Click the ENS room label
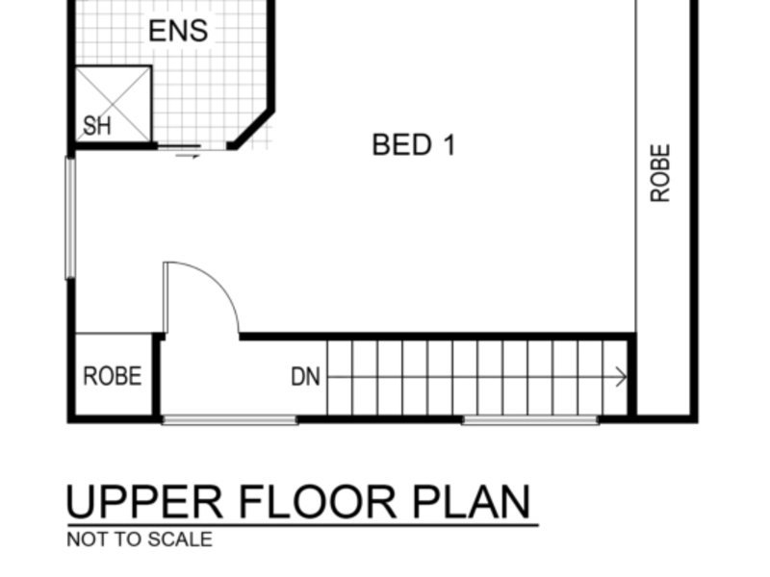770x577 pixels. (x=178, y=31)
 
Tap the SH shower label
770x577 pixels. (x=97, y=126)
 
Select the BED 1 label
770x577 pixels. (x=414, y=145)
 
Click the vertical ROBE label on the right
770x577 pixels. (x=660, y=173)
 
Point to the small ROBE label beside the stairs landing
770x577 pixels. (x=113, y=376)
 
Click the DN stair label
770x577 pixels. (x=305, y=377)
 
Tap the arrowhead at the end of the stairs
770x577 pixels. (x=622, y=377)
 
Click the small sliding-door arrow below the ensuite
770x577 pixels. (x=188, y=156)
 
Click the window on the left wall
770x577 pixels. (x=70, y=218)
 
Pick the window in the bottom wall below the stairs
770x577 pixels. (x=530, y=419)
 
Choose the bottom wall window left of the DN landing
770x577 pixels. (x=229, y=419)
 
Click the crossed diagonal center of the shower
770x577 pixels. (x=113, y=104)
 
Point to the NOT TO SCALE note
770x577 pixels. (x=140, y=539)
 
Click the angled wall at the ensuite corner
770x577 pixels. (x=252, y=129)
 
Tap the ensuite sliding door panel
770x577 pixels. (x=179, y=146)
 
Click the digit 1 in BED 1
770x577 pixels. (x=449, y=145)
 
